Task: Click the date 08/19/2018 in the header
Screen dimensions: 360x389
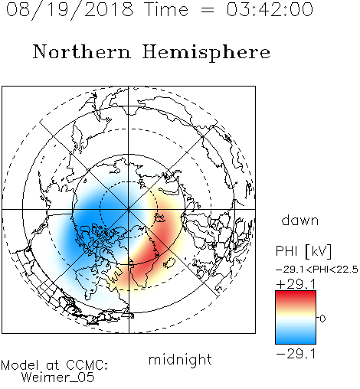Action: (x=70, y=10)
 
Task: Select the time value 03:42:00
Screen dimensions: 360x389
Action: (x=270, y=9)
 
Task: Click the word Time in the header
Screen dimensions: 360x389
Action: (x=166, y=9)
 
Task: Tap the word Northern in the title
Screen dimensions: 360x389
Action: (x=82, y=51)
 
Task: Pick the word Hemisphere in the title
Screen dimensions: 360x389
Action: (x=206, y=53)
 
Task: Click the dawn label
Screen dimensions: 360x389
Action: (x=300, y=220)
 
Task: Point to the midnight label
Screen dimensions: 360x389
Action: (x=180, y=359)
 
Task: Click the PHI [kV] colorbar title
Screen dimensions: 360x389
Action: (x=303, y=251)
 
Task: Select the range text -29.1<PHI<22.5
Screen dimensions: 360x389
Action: (x=317, y=270)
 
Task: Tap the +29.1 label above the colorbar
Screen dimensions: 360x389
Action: (x=296, y=284)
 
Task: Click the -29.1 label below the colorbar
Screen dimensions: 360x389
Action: (x=296, y=354)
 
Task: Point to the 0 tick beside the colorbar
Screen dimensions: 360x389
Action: (x=322, y=319)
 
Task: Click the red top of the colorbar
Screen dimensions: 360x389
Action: (x=296, y=296)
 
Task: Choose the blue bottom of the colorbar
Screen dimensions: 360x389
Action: (x=296, y=339)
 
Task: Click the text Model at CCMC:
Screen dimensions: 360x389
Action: (x=54, y=365)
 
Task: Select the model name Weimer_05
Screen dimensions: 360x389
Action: (x=58, y=378)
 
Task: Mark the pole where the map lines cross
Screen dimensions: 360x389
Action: (x=129, y=209)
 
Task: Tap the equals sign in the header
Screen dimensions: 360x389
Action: (x=208, y=11)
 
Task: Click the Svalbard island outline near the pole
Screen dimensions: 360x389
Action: (x=159, y=217)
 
